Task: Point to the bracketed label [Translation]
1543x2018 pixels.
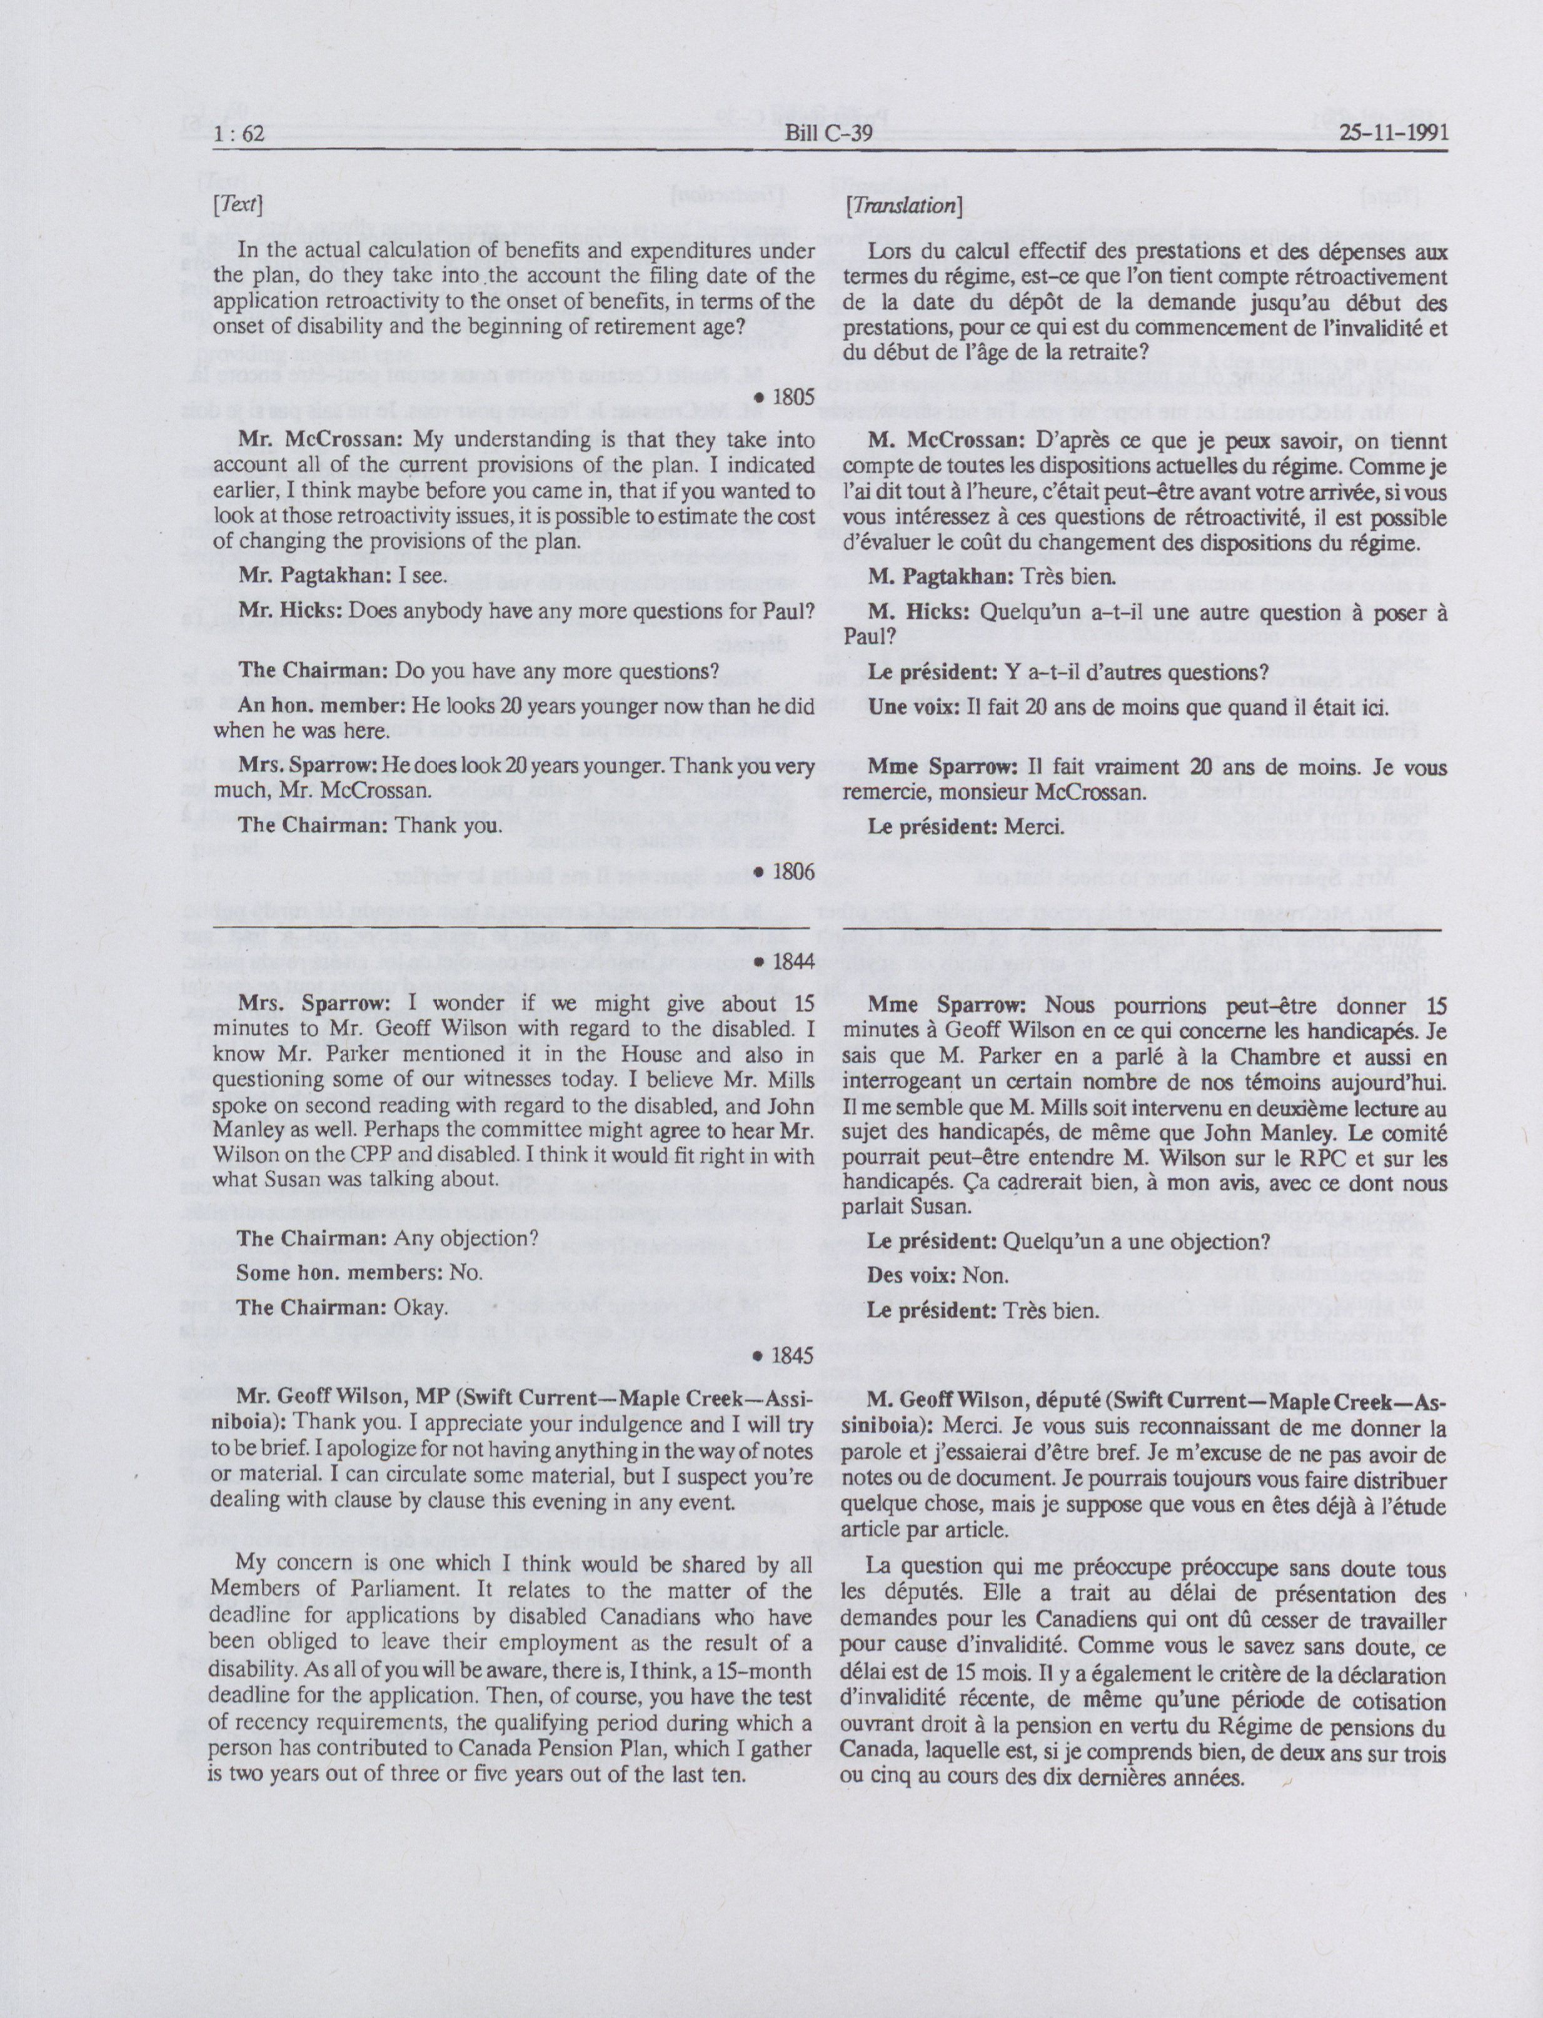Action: point(903,206)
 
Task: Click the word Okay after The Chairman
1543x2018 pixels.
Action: point(421,1307)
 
